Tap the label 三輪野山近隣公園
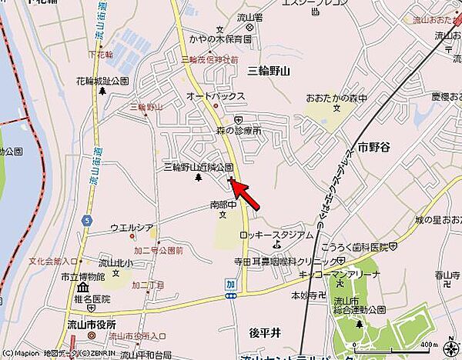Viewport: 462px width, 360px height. [x=198, y=167]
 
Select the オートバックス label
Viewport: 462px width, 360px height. [x=216, y=96]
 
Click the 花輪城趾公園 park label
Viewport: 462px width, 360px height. [x=102, y=81]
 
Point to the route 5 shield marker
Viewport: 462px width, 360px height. [x=88, y=220]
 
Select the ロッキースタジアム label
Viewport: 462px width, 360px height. [x=276, y=235]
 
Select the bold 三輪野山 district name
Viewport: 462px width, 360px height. [x=269, y=71]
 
